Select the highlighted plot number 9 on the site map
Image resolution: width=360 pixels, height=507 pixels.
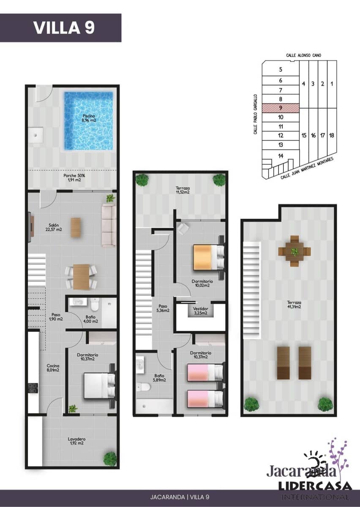coord(281,108)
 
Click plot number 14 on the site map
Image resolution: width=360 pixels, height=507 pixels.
coord(281,155)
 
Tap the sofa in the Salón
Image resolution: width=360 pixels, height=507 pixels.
coord(109,225)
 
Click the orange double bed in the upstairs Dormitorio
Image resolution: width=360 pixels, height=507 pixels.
coord(207,257)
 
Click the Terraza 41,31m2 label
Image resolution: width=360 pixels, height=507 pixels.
coord(292,305)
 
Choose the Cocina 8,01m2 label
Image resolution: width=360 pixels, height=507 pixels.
coord(53,368)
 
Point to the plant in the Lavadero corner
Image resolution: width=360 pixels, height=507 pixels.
coord(110,458)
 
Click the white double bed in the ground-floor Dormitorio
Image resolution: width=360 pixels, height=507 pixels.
coord(98,385)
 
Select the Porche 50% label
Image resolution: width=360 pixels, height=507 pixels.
coord(74,177)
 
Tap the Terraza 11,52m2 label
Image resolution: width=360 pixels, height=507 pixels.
coord(183,190)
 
